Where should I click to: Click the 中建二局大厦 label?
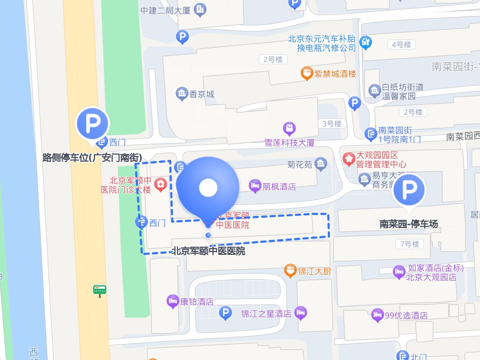165,11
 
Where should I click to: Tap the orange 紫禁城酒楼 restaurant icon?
307,73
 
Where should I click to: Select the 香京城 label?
202,94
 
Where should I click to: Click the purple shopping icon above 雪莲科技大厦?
289,128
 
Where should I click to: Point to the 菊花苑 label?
300,164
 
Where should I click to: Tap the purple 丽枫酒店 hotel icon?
254,186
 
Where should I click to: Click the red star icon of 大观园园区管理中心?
349,159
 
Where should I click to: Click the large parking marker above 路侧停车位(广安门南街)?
92,124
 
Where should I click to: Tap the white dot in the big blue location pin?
208,188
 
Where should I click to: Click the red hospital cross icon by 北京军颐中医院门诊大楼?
161,184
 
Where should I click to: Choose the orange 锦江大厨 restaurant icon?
290,270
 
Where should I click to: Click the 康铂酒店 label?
197,302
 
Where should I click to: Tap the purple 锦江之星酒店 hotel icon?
300,312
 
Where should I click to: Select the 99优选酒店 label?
406,315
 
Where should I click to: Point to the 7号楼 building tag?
409,244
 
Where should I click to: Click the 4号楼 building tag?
401,45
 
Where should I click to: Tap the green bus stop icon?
100,290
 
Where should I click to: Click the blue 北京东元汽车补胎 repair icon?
366,42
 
